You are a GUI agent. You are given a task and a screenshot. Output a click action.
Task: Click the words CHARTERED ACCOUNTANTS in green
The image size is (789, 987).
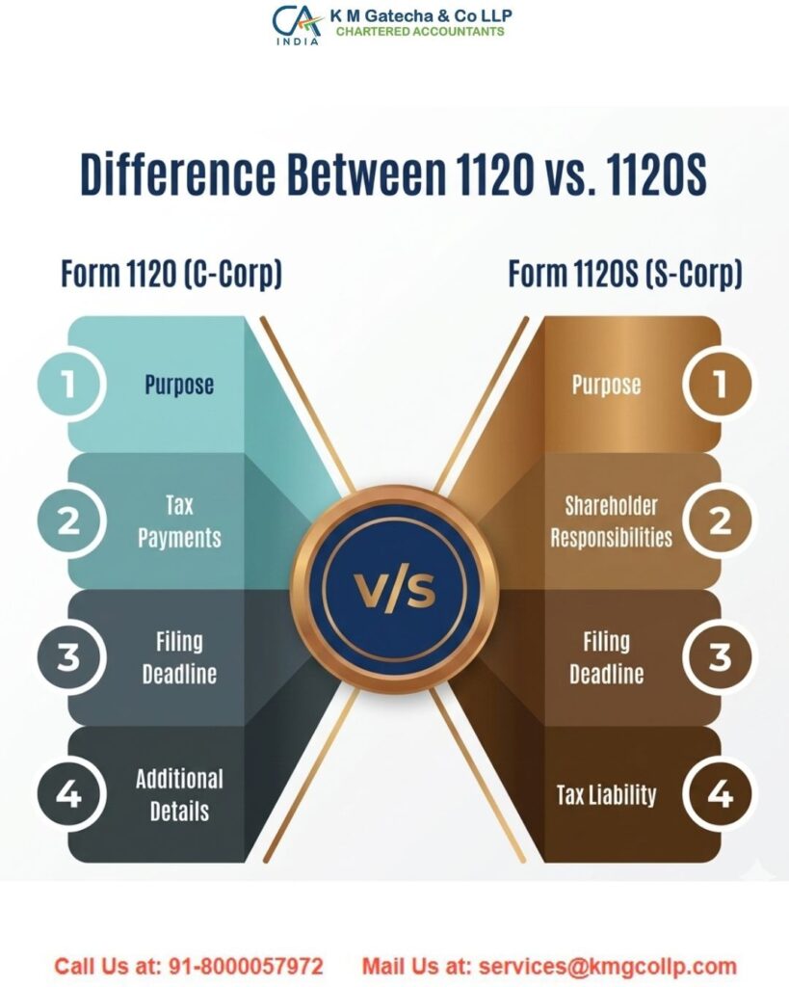pos(419,32)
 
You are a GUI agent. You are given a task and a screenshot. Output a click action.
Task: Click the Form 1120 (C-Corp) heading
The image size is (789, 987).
pos(171,275)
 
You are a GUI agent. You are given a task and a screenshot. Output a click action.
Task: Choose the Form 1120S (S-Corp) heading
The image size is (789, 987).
pos(625,275)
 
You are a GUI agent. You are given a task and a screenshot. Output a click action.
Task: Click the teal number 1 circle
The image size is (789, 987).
pos(68,385)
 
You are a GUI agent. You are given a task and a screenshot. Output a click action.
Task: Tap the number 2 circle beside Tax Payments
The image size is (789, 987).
pos(68,521)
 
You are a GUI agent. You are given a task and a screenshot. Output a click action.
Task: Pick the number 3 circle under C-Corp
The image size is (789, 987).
pos(68,658)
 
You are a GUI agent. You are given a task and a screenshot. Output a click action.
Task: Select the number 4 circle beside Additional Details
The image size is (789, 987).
pos(68,795)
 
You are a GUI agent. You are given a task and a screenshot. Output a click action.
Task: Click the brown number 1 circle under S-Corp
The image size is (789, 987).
pos(718,385)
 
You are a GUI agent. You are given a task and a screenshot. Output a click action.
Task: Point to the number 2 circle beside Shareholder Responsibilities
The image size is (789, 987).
pos(718,521)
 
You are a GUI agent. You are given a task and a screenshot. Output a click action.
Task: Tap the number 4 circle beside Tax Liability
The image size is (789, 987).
pos(718,795)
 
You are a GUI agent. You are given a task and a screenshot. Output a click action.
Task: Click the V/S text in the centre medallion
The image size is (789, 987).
pos(394,590)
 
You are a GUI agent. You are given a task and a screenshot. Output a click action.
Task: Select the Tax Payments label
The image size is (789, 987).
pos(179,521)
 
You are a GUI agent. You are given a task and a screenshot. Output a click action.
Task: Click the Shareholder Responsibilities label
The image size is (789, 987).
pos(611,521)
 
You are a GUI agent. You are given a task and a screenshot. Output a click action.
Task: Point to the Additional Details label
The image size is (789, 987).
pos(179,795)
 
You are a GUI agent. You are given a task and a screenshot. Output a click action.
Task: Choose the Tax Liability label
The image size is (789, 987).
pos(606,795)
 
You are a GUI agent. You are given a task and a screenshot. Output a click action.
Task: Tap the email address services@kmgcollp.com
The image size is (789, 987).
pos(607,966)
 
